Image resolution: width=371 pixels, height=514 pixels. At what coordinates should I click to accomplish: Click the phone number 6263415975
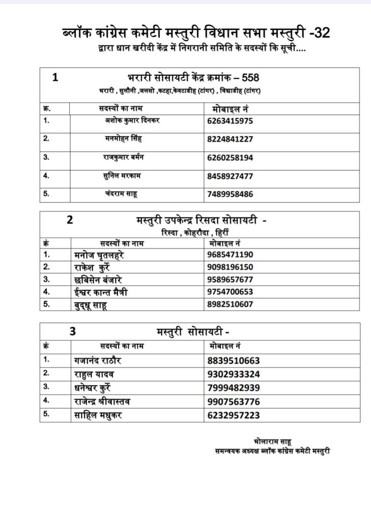229,121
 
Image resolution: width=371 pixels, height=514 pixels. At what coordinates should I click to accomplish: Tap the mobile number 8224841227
229,139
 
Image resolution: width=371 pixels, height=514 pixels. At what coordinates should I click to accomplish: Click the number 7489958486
229,194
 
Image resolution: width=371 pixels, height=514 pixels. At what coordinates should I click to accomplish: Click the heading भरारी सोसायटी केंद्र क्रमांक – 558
193,77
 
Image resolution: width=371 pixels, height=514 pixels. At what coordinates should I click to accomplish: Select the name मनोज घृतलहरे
99,254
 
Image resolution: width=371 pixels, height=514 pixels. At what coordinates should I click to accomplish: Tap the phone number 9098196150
229,267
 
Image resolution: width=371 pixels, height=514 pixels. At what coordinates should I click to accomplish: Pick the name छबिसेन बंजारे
98,279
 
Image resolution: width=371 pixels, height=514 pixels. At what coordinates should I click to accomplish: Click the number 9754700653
229,292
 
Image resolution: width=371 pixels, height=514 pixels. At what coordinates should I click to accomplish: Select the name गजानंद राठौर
98,360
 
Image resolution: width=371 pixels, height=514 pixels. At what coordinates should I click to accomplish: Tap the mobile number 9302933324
233,374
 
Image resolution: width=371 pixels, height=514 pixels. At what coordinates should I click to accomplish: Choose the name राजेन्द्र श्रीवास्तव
103,401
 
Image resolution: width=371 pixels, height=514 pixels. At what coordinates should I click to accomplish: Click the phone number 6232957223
233,415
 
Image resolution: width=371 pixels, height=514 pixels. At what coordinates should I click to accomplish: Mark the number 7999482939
233,388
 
